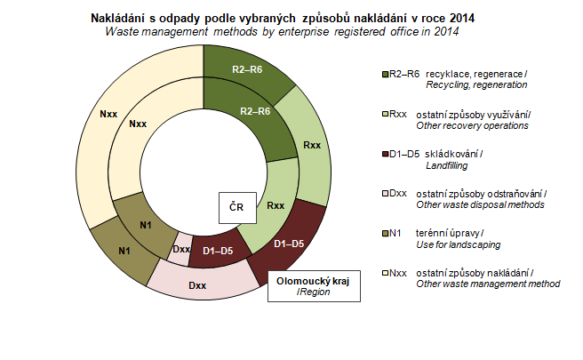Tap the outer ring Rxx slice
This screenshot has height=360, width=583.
click(x=311, y=144)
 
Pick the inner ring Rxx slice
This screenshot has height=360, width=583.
click(x=276, y=205)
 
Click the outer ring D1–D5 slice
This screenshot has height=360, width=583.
click(x=290, y=243)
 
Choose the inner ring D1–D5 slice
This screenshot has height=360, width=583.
click(x=217, y=252)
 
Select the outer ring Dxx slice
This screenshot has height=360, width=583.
click(x=197, y=284)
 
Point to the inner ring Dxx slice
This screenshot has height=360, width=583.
click(x=181, y=249)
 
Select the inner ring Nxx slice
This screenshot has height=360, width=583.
click(x=139, y=124)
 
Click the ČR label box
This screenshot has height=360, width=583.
click(x=237, y=207)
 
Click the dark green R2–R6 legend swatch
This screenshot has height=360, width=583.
click(x=384, y=74)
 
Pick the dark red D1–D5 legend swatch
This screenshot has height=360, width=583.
click(x=384, y=155)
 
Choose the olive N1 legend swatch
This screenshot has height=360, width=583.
click(x=384, y=234)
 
